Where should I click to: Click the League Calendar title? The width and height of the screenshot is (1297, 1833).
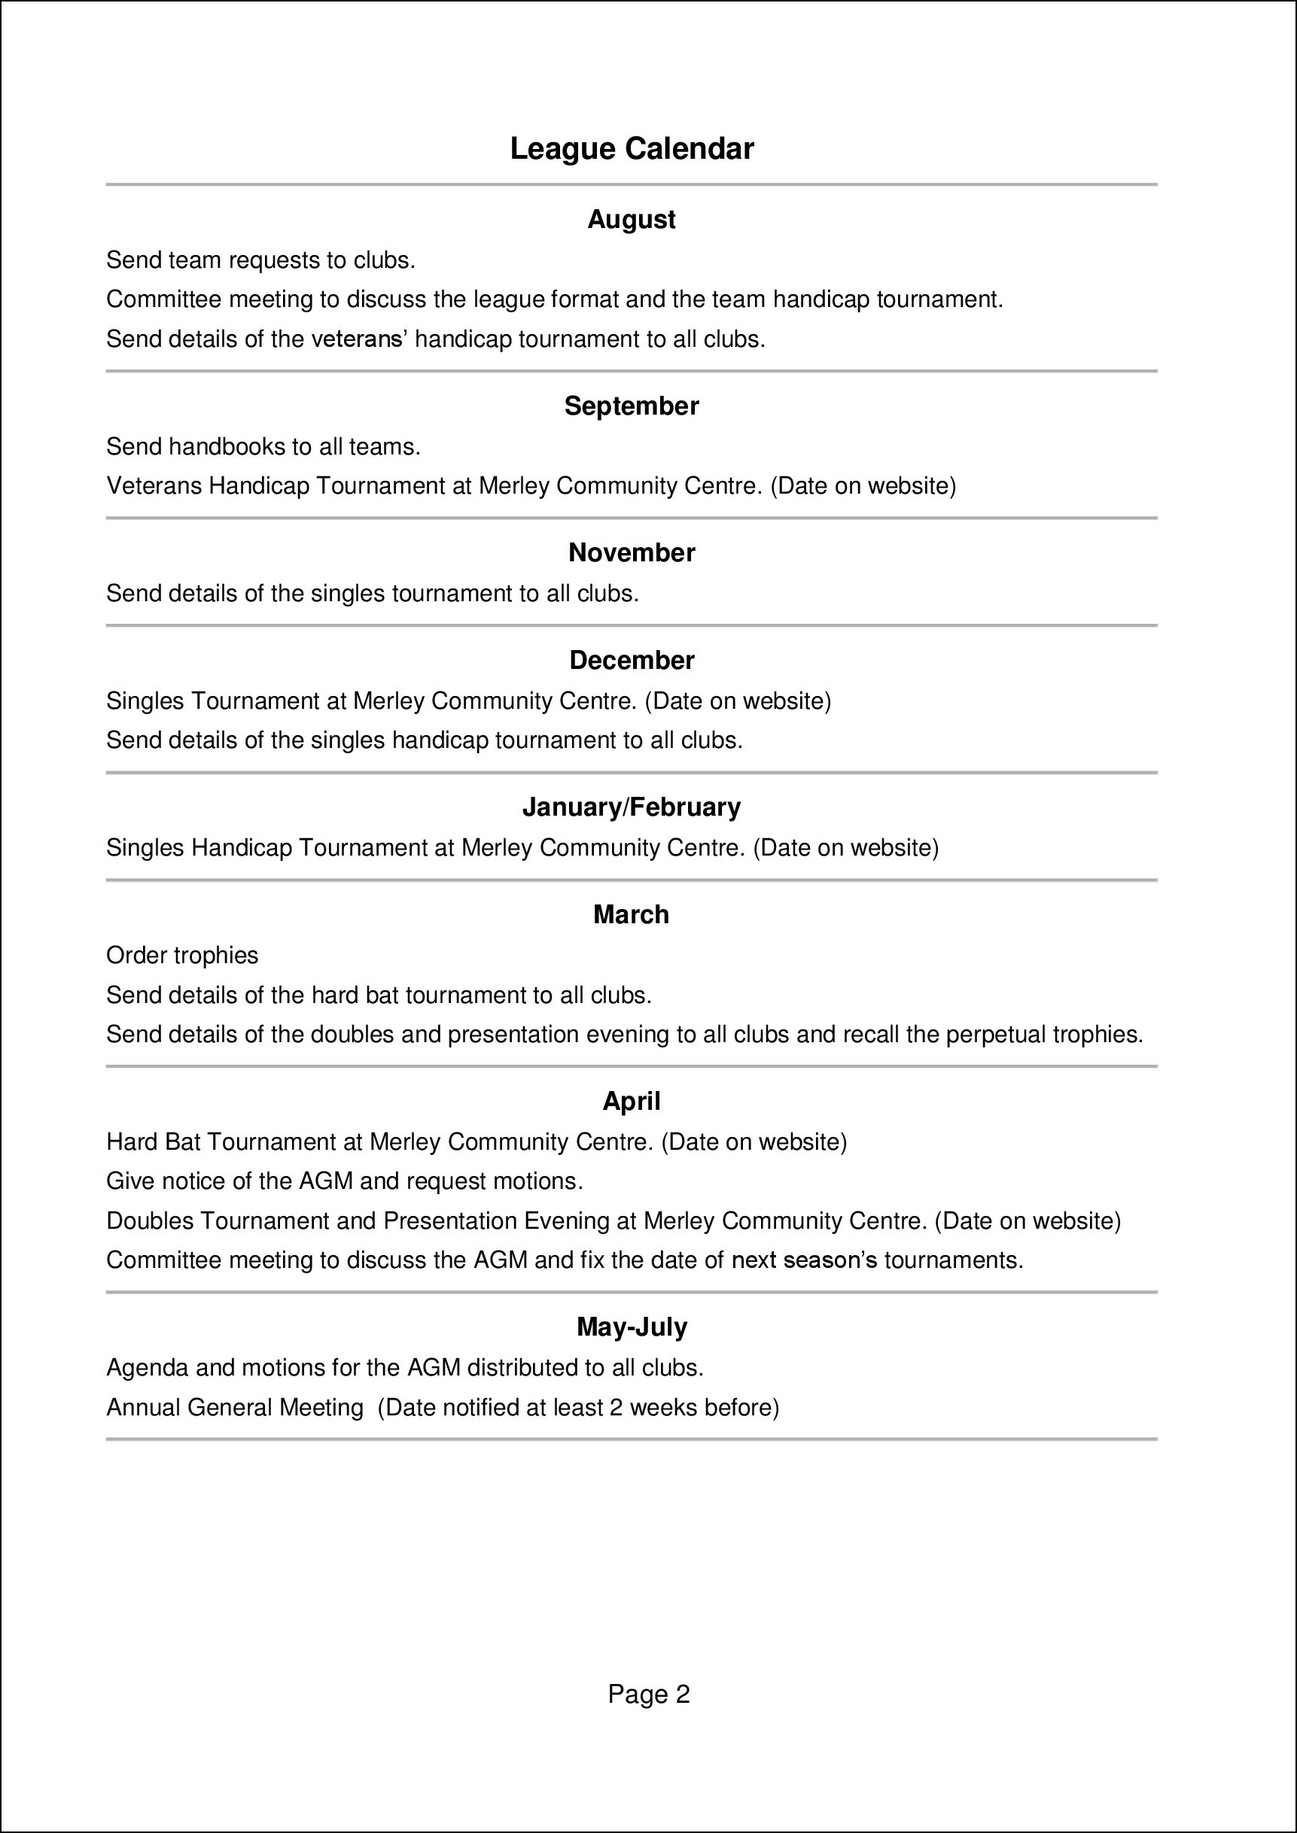point(631,149)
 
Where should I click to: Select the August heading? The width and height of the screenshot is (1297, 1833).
point(631,220)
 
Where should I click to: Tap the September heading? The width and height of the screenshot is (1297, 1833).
point(631,406)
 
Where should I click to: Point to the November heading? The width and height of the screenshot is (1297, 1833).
point(631,552)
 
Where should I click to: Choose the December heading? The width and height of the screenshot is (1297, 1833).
point(631,660)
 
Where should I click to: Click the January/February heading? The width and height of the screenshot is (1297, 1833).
point(631,807)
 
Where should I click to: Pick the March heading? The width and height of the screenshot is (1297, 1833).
point(631,915)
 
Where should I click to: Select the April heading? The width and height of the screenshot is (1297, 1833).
point(631,1102)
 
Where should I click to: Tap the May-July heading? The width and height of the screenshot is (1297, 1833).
point(631,1327)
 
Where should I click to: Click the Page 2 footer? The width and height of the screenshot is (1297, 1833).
point(649,1694)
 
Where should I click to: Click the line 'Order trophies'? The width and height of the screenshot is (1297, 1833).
point(182,956)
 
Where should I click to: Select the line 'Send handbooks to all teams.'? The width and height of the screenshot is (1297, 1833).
point(263,446)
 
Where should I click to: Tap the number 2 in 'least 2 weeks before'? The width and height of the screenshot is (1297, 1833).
point(616,1407)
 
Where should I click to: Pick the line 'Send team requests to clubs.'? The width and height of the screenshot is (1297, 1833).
point(260,260)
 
